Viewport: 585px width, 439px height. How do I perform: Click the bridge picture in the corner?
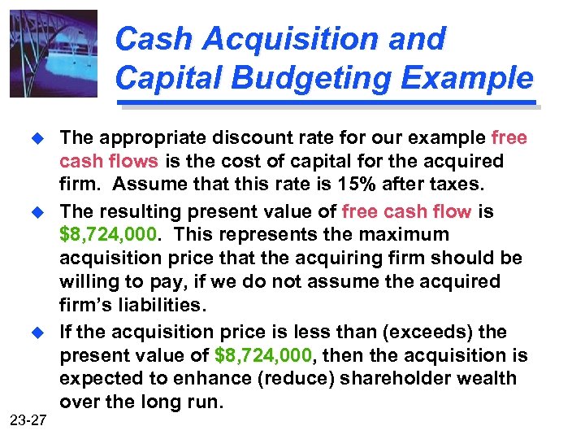54,54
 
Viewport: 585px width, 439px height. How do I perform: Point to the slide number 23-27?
29,420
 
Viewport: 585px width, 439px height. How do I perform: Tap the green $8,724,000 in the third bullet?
263,355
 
